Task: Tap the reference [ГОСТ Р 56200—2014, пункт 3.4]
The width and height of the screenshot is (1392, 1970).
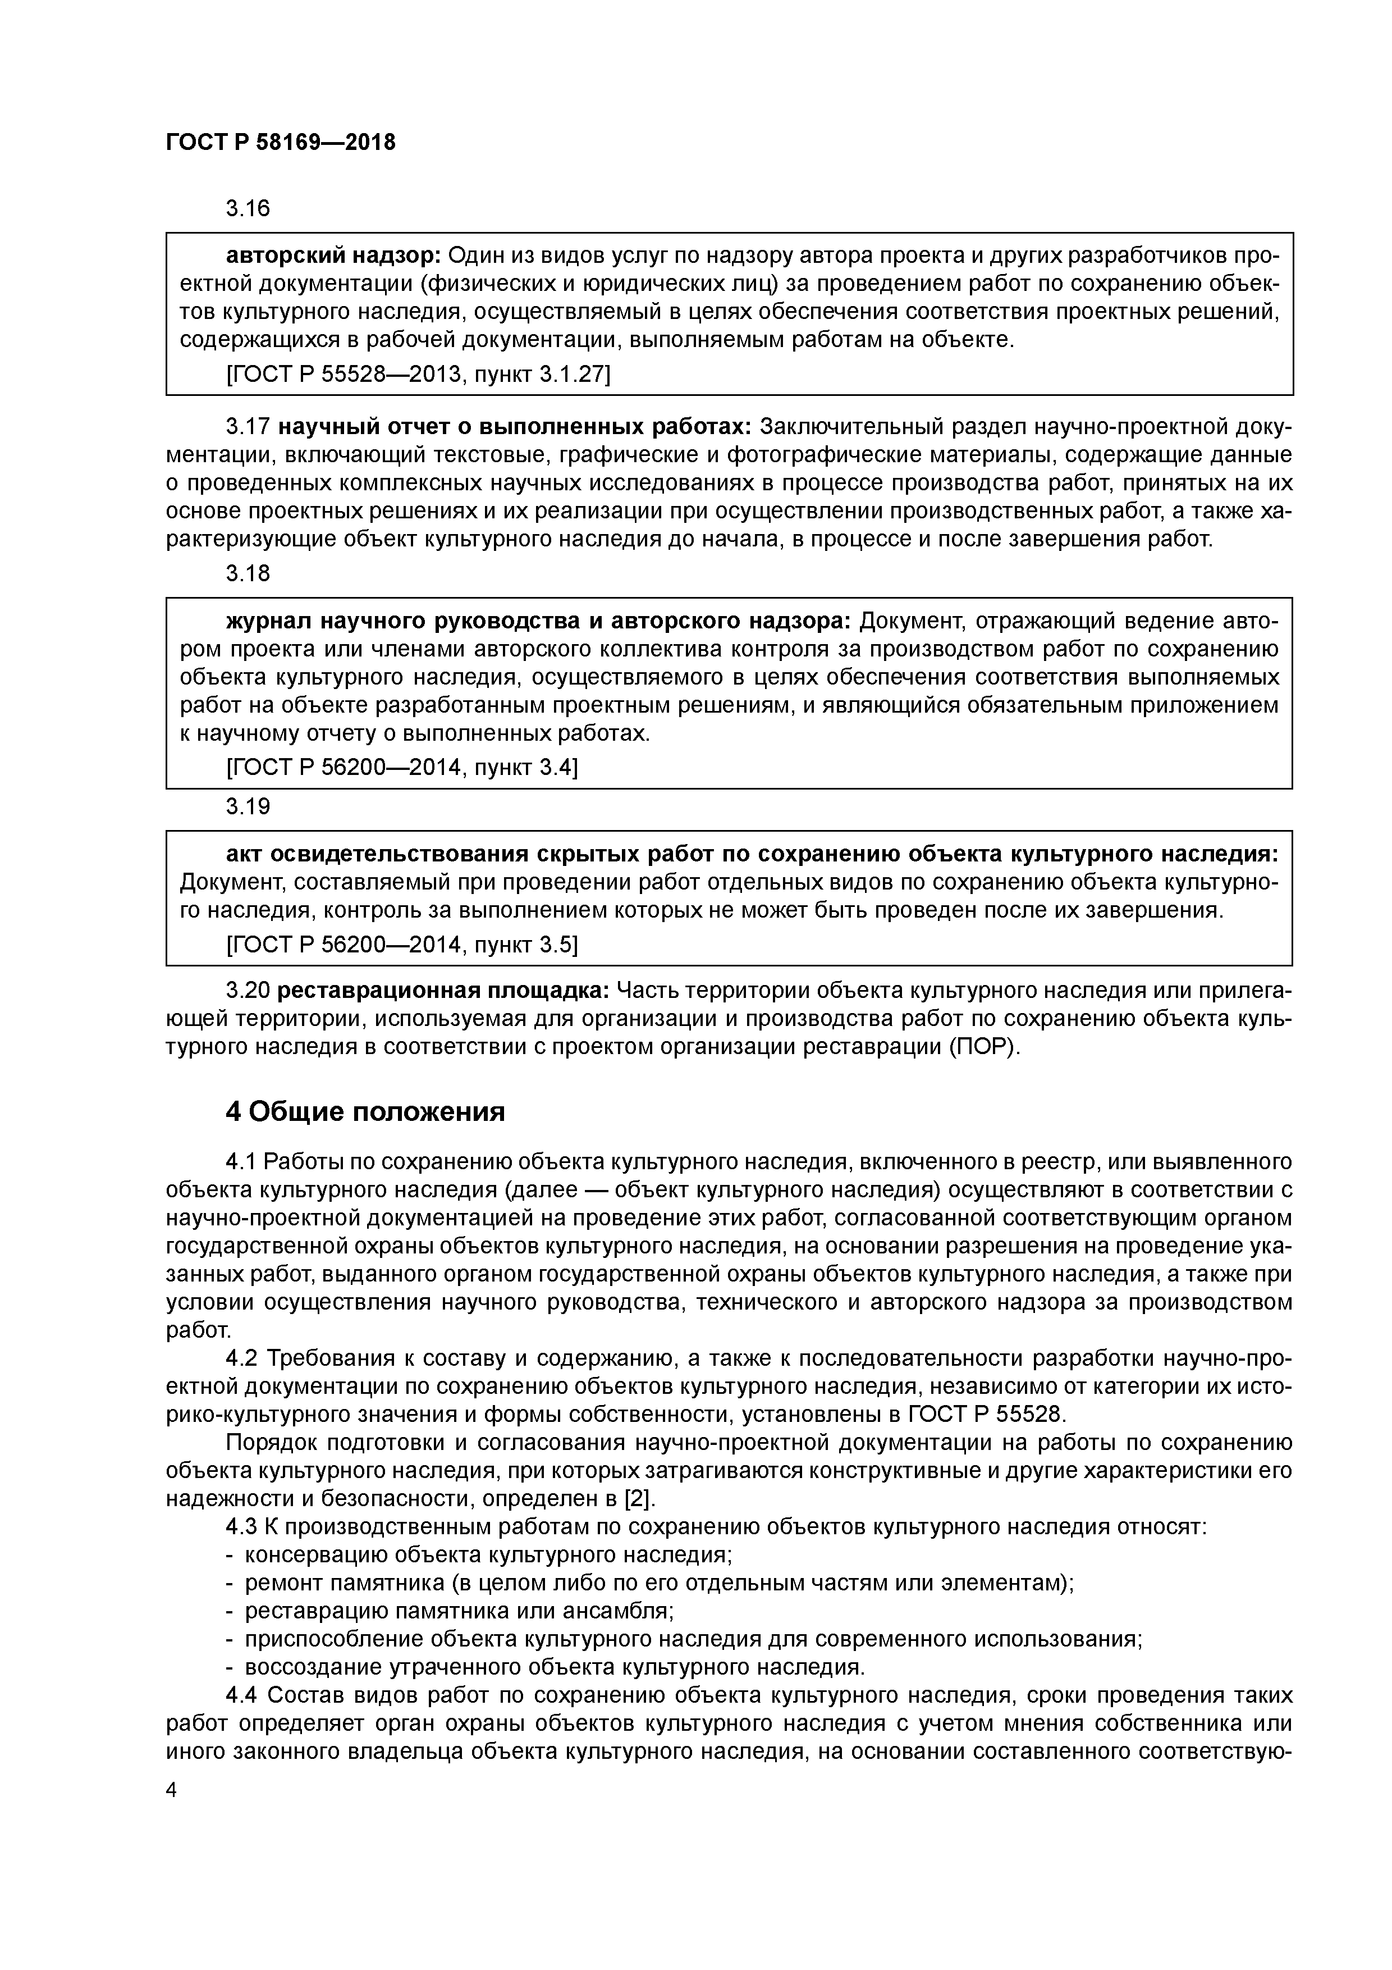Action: coord(401,767)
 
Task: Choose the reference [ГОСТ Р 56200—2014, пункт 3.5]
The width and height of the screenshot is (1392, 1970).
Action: coord(401,945)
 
